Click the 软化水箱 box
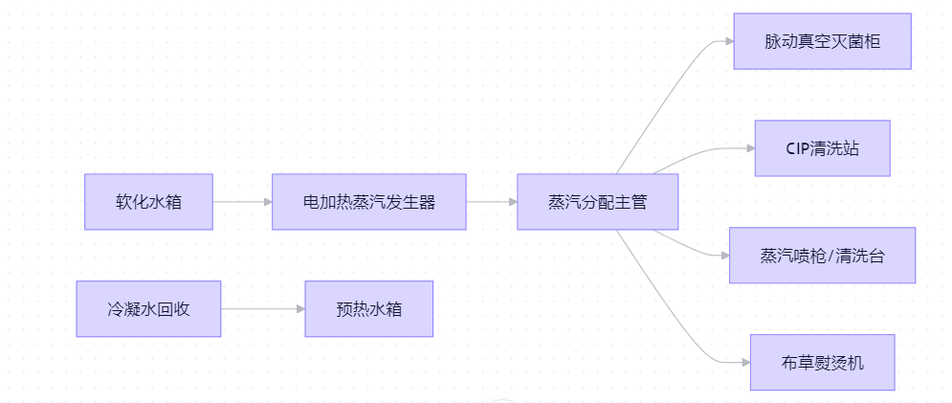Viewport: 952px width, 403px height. coord(148,202)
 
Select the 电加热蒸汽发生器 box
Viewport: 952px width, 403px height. coord(368,202)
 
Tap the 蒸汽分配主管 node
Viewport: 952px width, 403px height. coord(597,202)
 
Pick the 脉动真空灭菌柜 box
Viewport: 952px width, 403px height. coord(822,41)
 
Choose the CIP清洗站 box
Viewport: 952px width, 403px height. coord(822,148)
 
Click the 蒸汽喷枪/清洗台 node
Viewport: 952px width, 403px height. coord(822,256)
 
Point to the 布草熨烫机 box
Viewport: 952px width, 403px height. coord(822,362)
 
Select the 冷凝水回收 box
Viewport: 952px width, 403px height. coord(148,308)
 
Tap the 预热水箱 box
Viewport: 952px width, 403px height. coord(368,308)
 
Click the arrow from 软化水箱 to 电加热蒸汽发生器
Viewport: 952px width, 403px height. coord(241,202)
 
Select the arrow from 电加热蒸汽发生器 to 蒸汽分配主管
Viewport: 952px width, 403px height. coord(491,202)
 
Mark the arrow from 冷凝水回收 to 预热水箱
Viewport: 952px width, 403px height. coord(262,308)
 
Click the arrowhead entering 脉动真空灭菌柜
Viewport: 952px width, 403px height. coord(727,42)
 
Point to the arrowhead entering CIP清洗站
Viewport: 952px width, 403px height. coord(748,148)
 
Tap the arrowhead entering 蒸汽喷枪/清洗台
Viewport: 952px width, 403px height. coord(723,256)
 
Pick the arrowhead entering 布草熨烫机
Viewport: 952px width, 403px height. coord(744,362)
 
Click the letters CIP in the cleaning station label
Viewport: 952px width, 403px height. coord(797,148)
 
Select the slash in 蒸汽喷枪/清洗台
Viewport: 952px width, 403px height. coord(830,256)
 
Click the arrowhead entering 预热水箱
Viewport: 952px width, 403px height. coord(299,308)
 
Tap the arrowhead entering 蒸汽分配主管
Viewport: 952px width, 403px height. coord(512,202)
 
